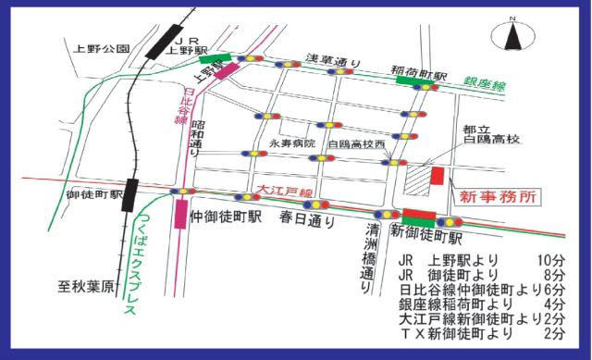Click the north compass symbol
pyautogui.click(x=514, y=37)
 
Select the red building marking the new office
pyautogui.click(x=438, y=176)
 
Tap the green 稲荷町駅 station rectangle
pyautogui.click(x=408, y=80)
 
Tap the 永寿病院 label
pyautogui.click(x=292, y=144)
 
